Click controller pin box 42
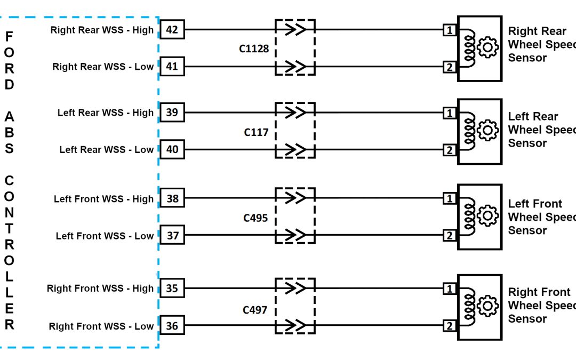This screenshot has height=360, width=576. (x=172, y=30)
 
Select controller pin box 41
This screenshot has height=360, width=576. (x=172, y=67)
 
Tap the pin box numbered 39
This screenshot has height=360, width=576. (x=172, y=113)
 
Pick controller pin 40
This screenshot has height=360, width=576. (x=172, y=150)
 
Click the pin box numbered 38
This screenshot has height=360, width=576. (x=172, y=198)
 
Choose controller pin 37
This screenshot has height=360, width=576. (x=172, y=236)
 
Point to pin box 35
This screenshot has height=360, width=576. (x=172, y=289)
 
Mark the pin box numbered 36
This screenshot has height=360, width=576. (x=172, y=326)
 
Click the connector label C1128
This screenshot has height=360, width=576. (x=254, y=49)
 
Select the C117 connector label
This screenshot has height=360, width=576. (x=256, y=132)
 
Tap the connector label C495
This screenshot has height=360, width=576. (x=255, y=218)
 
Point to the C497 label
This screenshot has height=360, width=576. (x=255, y=310)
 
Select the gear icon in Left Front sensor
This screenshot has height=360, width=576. (x=487, y=217)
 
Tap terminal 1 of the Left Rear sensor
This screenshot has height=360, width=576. (x=450, y=113)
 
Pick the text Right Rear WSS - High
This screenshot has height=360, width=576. (x=102, y=30)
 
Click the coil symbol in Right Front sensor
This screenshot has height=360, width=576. (x=470, y=307)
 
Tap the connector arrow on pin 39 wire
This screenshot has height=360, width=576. (x=295, y=113)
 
